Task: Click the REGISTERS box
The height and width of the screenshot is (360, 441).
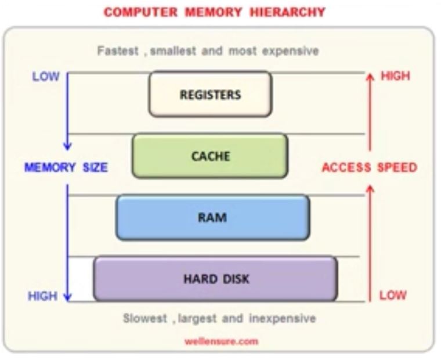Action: [211, 94]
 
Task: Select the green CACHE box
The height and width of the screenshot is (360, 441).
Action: [210, 156]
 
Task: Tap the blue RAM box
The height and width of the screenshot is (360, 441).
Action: [213, 218]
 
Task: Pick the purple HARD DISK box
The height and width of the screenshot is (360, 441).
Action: [215, 279]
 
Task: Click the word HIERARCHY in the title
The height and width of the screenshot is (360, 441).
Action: [287, 12]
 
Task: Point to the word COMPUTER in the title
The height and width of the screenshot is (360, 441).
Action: [140, 12]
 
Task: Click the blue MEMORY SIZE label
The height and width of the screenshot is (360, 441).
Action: [66, 167]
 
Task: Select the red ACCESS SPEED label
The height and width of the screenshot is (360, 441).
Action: [370, 167]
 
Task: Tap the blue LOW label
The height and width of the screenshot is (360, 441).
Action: [46, 76]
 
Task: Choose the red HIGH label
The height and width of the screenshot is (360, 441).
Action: [395, 76]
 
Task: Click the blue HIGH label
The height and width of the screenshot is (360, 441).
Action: [42, 296]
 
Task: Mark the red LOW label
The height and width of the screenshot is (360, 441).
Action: [393, 296]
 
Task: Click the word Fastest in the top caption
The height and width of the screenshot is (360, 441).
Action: [118, 51]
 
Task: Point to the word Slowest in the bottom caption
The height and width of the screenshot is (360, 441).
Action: [145, 318]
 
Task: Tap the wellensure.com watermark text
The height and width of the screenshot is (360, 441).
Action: [221, 341]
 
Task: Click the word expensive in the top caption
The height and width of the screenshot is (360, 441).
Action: [291, 51]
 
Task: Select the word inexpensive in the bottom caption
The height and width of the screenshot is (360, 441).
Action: [283, 319]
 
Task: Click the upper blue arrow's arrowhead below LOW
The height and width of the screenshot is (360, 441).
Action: [67, 146]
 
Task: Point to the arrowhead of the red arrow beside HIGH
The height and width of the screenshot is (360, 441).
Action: [370, 77]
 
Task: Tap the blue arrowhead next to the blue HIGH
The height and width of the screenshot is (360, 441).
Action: [67, 297]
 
